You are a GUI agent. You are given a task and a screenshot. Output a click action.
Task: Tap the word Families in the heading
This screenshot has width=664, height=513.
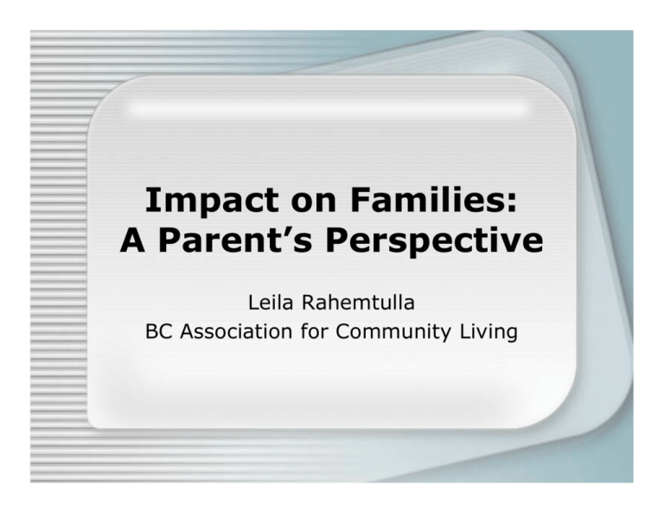(x=426, y=200)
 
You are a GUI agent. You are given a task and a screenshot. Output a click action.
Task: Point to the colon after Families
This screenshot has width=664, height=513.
(x=511, y=203)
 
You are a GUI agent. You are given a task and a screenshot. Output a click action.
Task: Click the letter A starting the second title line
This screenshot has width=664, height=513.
(x=133, y=240)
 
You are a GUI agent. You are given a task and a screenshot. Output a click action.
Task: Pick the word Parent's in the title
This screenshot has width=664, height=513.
(x=235, y=241)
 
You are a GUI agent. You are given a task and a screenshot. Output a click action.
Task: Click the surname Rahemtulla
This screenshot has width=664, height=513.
(x=358, y=303)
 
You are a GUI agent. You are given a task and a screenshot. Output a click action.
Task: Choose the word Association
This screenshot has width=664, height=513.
(x=236, y=331)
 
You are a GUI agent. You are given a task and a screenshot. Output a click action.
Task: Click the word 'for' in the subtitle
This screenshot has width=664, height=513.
(x=313, y=330)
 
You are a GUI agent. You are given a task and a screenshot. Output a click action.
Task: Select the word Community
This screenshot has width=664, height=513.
(x=393, y=332)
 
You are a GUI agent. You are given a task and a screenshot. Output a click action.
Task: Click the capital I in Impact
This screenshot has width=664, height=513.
(x=150, y=200)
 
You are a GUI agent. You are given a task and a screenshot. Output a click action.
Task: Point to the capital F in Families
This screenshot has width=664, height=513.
(x=360, y=200)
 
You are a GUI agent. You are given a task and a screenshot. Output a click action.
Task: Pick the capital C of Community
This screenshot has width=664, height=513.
(x=343, y=331)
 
